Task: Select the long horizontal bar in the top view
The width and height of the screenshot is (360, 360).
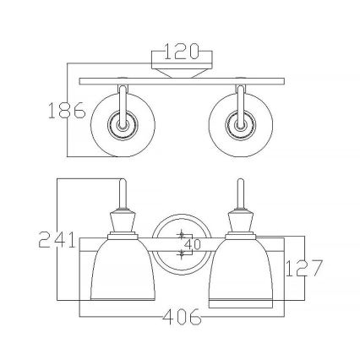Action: [x=180, y=81]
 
